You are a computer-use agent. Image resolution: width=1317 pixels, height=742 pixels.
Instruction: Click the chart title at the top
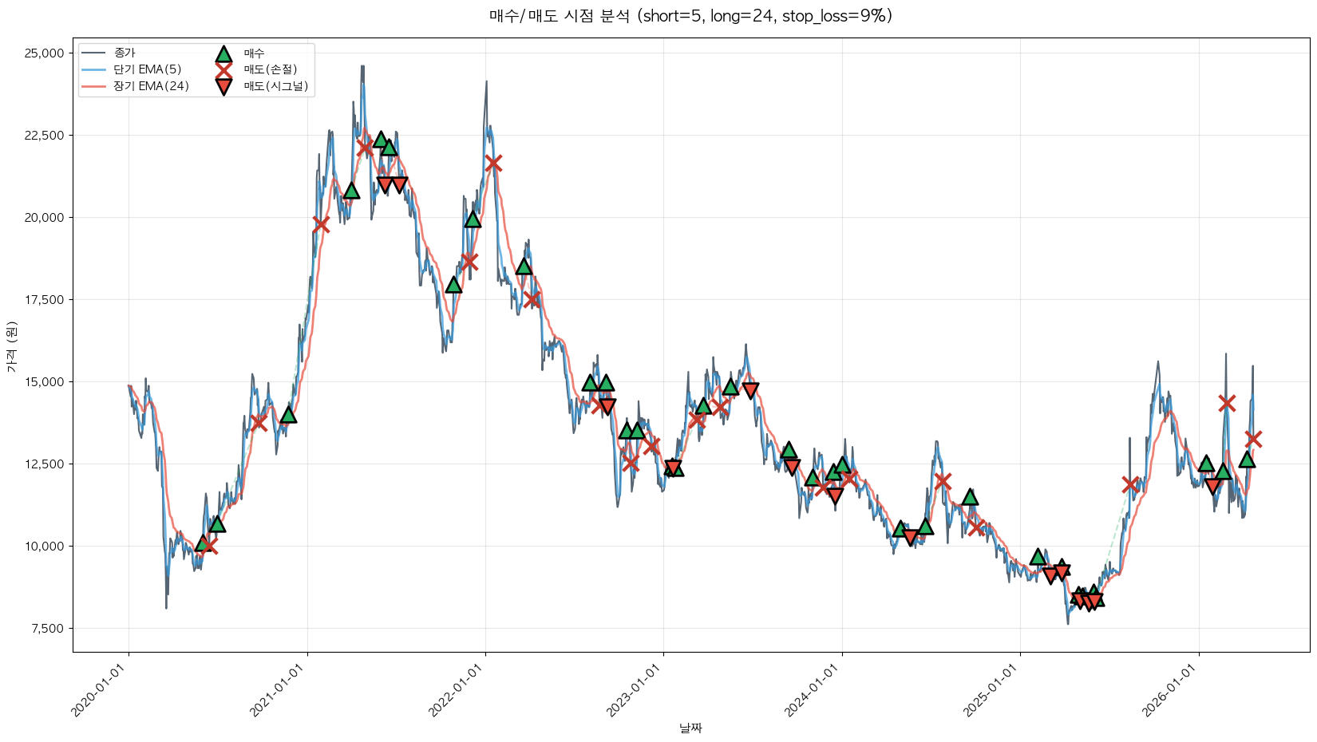pos(690,16)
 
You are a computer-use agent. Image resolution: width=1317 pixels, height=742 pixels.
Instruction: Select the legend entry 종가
pos(125,53)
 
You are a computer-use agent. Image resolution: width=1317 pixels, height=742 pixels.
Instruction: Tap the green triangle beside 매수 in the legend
pos(223,53)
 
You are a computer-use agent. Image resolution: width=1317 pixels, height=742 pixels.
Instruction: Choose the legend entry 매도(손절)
pos(270,69)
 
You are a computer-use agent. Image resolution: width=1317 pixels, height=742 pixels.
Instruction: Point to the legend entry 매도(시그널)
pos(275,86)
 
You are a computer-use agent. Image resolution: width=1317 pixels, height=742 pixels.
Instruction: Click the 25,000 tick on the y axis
pos(44,53)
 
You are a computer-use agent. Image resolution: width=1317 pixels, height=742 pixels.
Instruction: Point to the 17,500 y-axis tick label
pos(44,300)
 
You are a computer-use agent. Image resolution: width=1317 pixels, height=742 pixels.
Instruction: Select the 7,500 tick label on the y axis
pos(47,629)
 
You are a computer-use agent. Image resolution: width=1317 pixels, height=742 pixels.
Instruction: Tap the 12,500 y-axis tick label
pos(44,464)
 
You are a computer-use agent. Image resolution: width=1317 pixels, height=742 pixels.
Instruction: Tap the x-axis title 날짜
pos(690,728)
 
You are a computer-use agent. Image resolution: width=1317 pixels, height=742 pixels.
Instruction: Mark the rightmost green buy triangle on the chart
pos(1247,459)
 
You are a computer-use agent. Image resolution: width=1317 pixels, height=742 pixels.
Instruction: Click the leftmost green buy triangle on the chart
pos(203,544)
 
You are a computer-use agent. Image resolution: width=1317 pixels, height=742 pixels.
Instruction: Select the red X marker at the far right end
pos(1253,439)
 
